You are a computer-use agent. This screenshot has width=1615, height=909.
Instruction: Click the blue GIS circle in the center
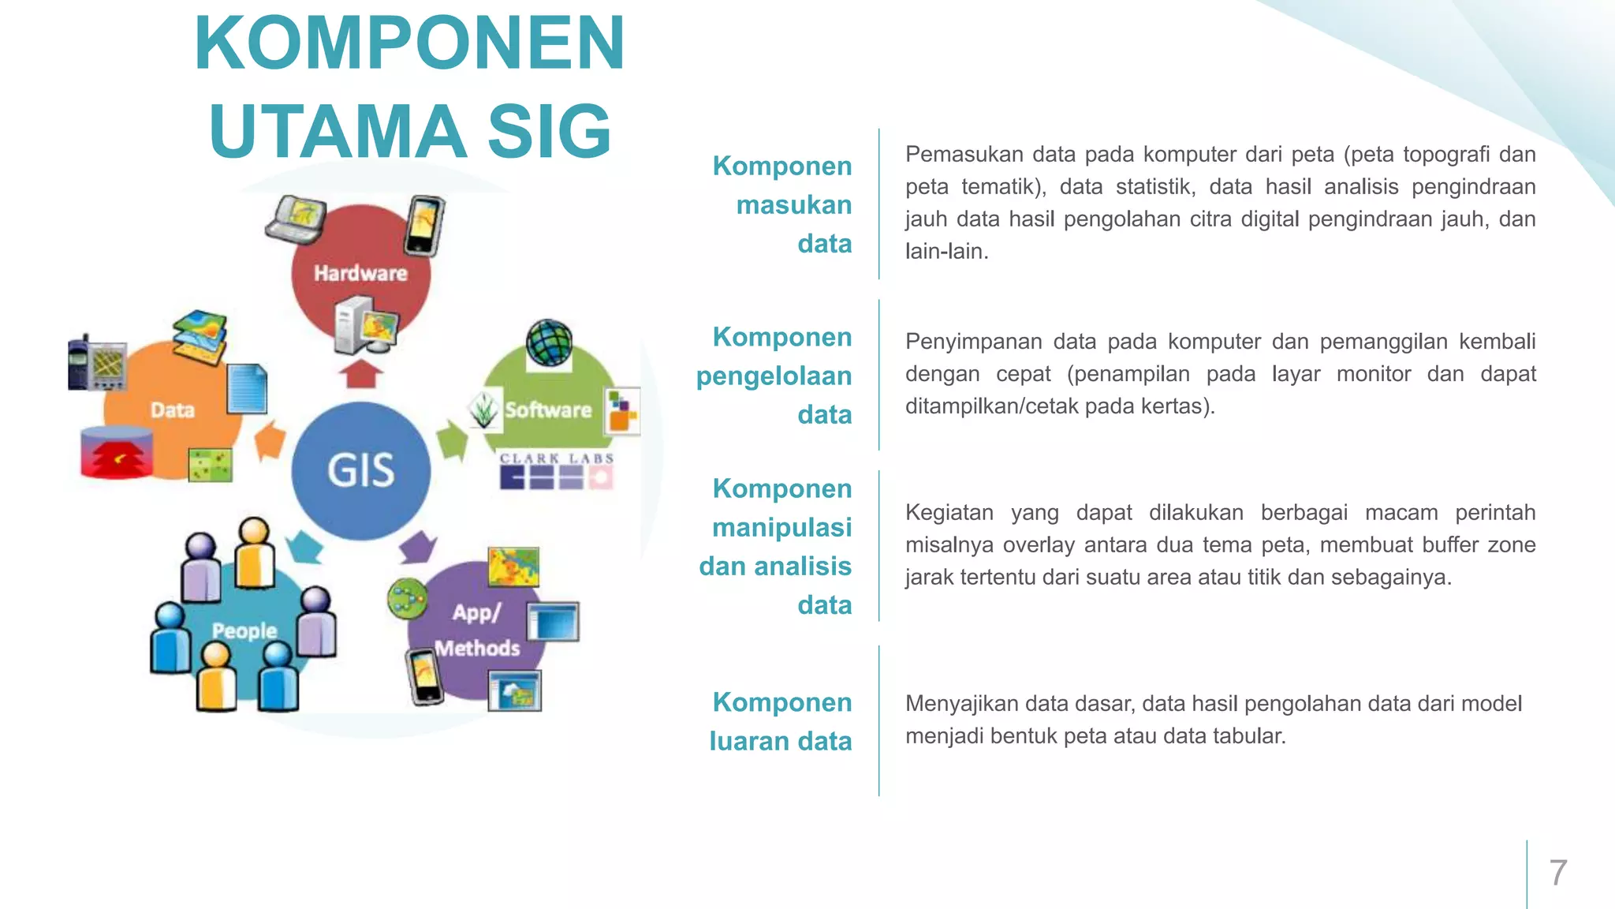[x=361, y=470]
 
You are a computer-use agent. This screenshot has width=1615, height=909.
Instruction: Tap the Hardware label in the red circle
[x=360, y=273]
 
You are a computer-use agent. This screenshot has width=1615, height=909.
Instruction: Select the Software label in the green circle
[x=548, y=410]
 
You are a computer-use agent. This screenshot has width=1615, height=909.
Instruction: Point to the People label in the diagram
[x=244, y=630]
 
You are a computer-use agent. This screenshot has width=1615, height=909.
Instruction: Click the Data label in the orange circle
[x=173, y=410]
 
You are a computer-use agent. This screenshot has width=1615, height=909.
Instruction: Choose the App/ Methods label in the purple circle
[x=477, y=630]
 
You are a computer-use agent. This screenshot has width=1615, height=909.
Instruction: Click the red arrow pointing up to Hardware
[x=361, y=373]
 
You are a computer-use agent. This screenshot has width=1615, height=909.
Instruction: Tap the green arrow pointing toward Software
[x=453, y=440]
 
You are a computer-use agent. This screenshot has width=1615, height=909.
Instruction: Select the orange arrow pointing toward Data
[x=270, y=440]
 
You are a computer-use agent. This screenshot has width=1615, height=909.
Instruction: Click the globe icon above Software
[x=550, y=342]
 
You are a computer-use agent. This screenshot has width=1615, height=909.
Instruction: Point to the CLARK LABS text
[x=557, y=458]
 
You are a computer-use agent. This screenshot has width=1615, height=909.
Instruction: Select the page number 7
[x=1557, y=873]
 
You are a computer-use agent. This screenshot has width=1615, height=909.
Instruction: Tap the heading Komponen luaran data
[x=781, y=721]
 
